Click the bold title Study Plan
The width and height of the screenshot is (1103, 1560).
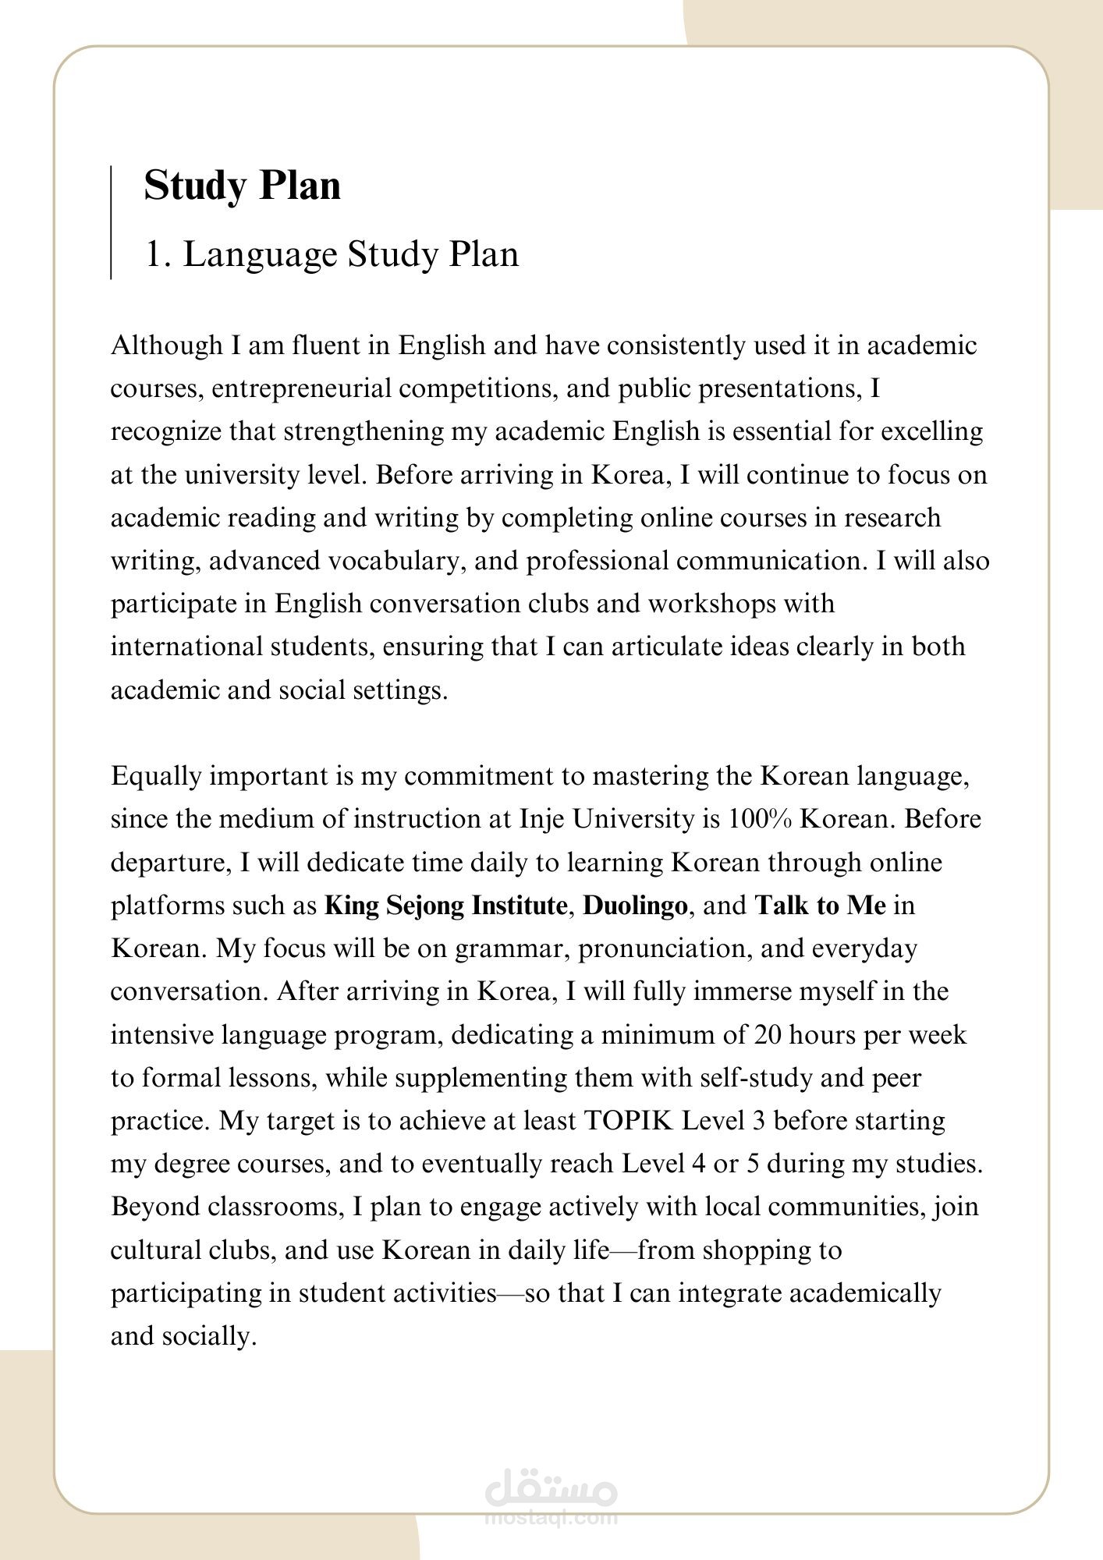242,186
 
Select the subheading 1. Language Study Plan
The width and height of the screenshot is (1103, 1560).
332,255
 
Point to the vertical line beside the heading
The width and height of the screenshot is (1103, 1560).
111,222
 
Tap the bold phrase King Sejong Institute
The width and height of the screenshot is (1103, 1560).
445,906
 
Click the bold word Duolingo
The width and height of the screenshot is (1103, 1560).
635,906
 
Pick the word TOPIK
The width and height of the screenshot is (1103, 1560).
628,1121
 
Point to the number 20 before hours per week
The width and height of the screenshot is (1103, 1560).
770,1035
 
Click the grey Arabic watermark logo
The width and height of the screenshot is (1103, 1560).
551,1491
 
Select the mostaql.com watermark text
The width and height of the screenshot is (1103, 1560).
551,1518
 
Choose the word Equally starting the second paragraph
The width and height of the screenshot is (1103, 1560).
156,777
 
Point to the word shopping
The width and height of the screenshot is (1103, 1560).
752,1250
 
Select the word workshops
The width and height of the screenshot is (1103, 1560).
719,604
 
